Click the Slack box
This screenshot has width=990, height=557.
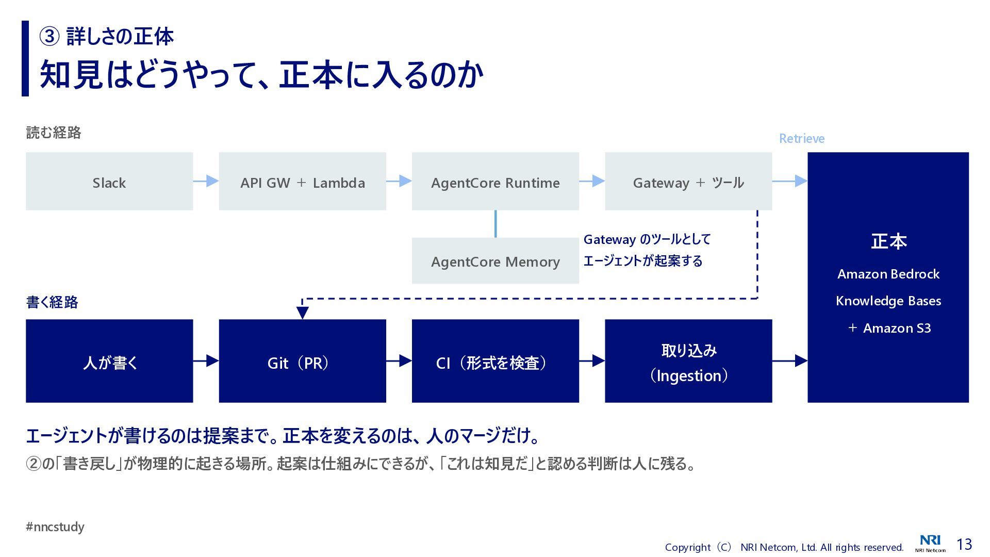[109, 181]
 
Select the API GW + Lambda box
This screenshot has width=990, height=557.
[302, 181]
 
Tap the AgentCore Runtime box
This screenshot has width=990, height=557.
[495, 181]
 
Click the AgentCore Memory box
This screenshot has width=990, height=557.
[495, 261]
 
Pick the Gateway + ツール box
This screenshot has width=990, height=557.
[688, 181]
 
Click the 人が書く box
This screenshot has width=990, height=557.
[109, 361]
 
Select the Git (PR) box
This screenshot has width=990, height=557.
[302, 361]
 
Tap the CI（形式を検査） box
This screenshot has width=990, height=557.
[495, 361]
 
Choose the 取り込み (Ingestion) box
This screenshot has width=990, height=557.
[688, 361]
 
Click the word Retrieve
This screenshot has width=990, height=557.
[801, 138]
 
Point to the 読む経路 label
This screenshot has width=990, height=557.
[54, 133]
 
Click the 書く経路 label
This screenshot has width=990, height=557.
[52, 302]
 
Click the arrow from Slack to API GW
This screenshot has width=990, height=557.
[206, 181]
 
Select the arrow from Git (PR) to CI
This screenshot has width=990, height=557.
[399, 361]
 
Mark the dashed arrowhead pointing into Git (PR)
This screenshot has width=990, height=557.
[303, 313]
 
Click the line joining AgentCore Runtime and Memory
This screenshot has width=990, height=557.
[496, 224]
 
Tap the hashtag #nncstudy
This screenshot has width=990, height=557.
[55, 527]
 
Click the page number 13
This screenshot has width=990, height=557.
[964, 544]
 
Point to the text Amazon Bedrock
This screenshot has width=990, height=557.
[888, 274]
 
